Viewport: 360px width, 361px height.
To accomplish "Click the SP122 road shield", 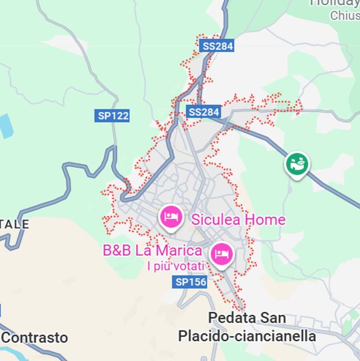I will [113, 116].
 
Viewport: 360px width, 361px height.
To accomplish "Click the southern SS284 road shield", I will [203, 112].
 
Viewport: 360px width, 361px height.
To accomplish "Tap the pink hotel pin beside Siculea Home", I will [171, 217].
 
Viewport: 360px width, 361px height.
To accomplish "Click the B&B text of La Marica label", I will [117, 251].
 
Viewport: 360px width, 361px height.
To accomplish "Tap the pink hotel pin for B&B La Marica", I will [221, 254].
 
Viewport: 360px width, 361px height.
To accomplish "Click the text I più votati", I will [175, 267].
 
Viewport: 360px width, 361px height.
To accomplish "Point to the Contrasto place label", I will [35, 337].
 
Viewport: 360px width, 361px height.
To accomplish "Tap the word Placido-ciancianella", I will [247, 336].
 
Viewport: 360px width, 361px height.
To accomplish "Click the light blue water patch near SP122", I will [6, 126].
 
